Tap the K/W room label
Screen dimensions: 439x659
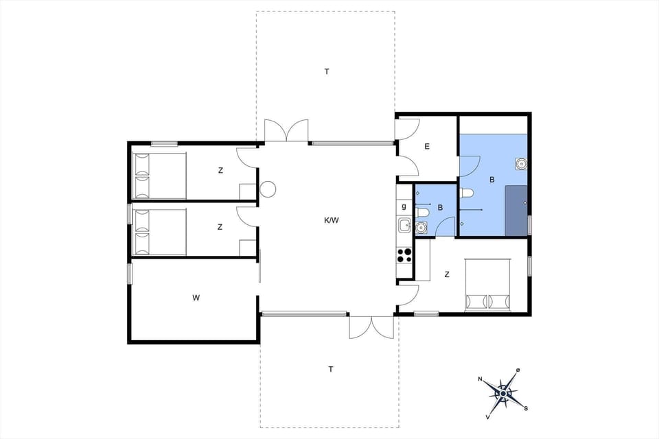[x=332, y=220]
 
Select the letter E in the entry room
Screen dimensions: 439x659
[x=427, y=146]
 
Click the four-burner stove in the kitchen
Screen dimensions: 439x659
[x=404, y=255]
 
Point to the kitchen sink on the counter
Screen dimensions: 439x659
[x=404, y=224]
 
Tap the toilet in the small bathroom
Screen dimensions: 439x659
[x=423, y=213]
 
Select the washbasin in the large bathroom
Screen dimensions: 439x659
[x=522, y=164]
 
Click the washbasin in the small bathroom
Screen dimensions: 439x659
[x=422, y=227]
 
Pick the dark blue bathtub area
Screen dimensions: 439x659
[x=517, y=210]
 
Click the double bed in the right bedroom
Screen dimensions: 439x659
[x=487, y=284]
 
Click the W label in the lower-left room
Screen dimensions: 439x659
[x=196, y=298]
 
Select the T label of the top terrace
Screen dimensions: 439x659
[x=327, y=71]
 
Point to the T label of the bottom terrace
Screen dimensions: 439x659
[x=330, y=369]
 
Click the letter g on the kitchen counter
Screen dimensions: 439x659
[x=404, y=206]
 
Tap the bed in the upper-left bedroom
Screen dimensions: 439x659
[x=159, y=176]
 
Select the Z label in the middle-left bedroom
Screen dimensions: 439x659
[x=220, y=227]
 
